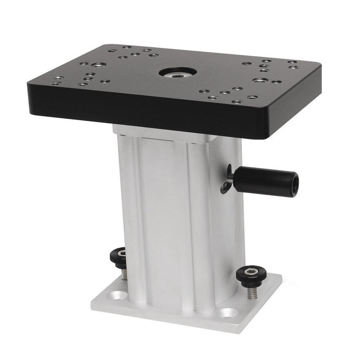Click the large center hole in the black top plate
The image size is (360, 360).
click(178, 72)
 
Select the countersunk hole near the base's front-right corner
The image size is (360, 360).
click(228, 313)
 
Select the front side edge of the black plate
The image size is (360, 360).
click(148, 114)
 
